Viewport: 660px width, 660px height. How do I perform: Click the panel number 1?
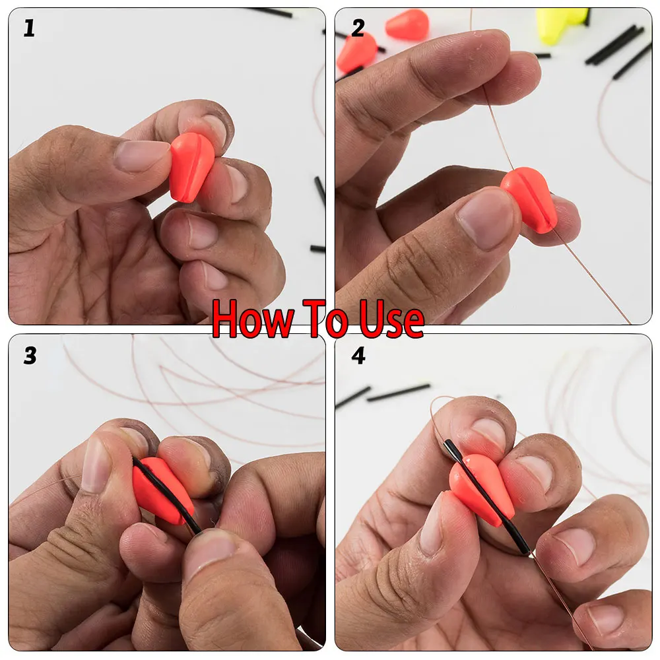29,28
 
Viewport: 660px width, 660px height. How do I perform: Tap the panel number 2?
358,28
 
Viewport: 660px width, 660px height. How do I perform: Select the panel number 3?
30,356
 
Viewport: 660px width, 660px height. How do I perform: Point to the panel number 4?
358,356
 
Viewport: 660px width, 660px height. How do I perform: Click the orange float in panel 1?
192,167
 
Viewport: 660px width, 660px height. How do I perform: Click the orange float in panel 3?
162,490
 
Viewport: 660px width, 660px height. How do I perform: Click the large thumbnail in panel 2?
484,219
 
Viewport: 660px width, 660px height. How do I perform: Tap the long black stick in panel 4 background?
398,392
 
